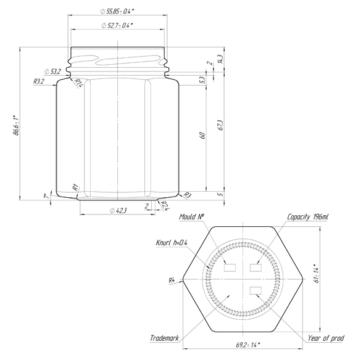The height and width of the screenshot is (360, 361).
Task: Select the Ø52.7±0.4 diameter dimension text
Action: tap(117, 25)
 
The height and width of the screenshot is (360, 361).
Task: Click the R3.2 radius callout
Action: tap(38, 81)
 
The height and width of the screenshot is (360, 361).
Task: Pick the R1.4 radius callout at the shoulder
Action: tap(78, 83)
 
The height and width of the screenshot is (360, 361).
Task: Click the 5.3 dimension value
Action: tap(202, 80)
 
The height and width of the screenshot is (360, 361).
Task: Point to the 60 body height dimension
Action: tap(202, 136)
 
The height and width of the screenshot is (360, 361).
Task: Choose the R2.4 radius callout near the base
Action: tap(165, 205)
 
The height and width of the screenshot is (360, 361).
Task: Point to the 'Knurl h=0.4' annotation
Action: tap(172, 242)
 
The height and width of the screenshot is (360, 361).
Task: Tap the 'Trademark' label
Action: tap(164, 338)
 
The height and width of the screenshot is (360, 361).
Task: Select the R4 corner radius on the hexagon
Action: tap(173, 281)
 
